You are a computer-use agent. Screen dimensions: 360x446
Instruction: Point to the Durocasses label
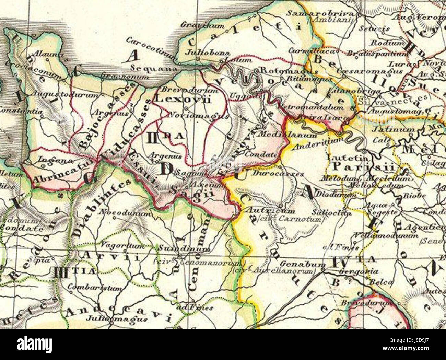[x=278, y=174]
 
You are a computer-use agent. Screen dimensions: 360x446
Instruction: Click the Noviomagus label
[x=199, y=116]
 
